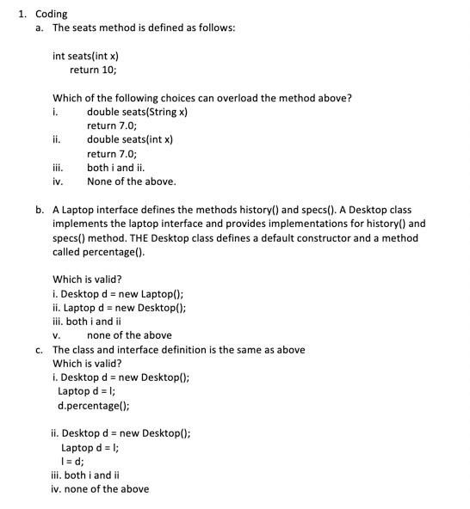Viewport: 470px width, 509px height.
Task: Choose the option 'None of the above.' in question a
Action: (132, 181)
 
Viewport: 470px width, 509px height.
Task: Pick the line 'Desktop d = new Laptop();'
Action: (124, 294)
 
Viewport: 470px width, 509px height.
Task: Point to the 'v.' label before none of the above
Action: (56, 335)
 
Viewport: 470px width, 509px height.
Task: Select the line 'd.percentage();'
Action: (93, 405)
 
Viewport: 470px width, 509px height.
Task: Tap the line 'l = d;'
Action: (75, 461)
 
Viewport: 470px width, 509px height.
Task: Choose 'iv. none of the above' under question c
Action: (100, 488)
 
